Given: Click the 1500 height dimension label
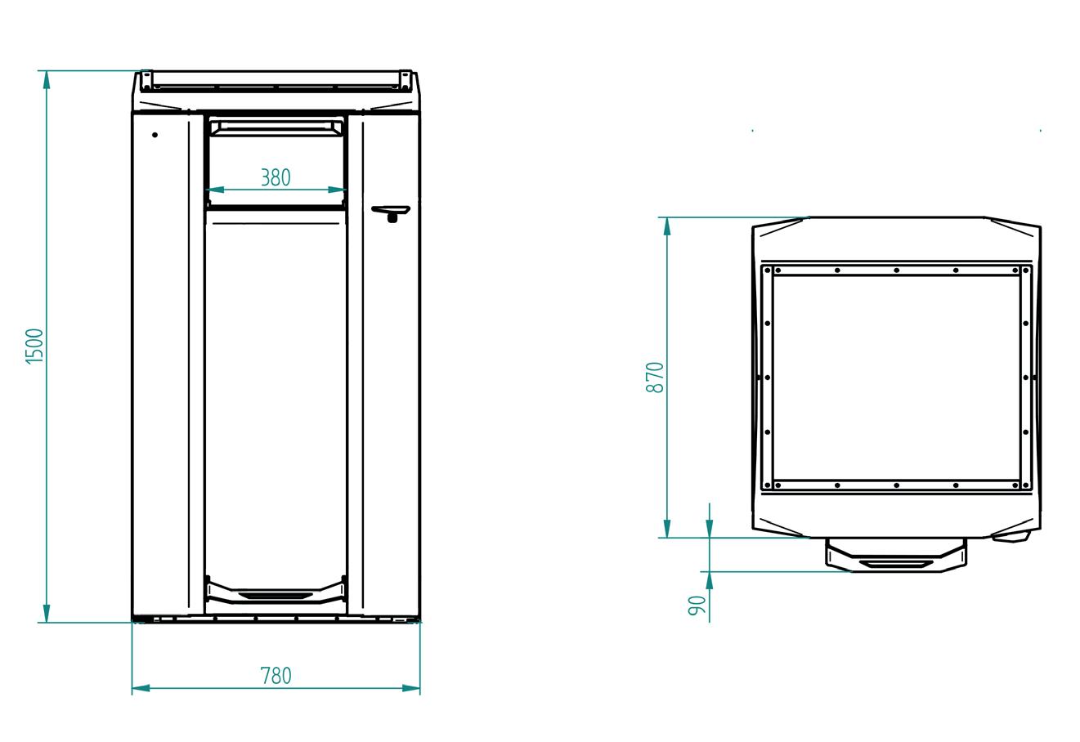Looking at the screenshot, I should click(x=34, y=346).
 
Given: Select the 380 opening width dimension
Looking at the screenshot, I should click(x=276, y=177).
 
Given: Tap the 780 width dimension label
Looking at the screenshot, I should click(x=276, y=676).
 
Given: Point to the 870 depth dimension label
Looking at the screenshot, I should click(x=656, y=378).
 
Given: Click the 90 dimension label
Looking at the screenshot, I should click(x=697, y=606).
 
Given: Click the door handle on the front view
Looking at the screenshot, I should click(x=391, y=212).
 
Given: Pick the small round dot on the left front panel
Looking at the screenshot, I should click(x=155, y=135).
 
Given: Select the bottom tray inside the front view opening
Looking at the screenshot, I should click(x=276, y=591).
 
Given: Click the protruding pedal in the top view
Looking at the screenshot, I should click(x=896, y=556).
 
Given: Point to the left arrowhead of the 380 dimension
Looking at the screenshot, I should click(x=214, y=190).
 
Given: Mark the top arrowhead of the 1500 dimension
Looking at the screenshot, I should click(x=47, y=79).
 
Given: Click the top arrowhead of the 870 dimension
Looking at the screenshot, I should click(x=667, y=226).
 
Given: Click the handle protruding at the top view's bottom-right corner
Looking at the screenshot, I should click(x=1011, y=537).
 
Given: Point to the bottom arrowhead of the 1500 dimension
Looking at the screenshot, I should click(x=47, y=613).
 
